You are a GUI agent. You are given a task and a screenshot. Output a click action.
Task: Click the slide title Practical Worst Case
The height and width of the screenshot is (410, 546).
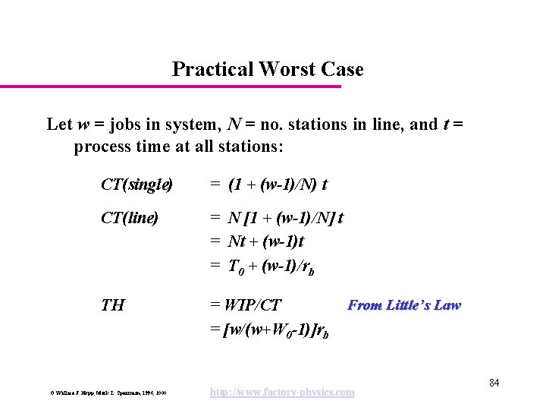click(x=268, y=70)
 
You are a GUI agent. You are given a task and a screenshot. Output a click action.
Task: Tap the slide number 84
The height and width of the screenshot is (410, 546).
click(x=494, y=381)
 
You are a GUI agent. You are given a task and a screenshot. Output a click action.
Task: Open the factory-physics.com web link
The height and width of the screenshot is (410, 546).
click(x=283, y=392)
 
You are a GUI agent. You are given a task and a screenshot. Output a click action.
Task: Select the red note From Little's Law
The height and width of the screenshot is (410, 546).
click(x=403, y=305)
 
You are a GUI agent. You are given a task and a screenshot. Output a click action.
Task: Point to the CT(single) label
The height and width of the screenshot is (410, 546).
click(x=136, y=184)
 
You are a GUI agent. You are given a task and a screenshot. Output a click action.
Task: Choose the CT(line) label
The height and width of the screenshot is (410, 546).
click(x=130, y=219)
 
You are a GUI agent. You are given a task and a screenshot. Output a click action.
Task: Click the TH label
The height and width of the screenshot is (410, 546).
click(x=113, y=305)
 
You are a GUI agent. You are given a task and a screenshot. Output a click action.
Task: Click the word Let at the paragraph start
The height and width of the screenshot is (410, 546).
click(x=58, y=124)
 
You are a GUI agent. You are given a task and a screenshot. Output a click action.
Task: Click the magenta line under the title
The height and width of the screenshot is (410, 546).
click(x=171, y=87)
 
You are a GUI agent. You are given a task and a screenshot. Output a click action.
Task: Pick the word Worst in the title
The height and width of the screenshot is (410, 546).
click(x=286, y=70)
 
